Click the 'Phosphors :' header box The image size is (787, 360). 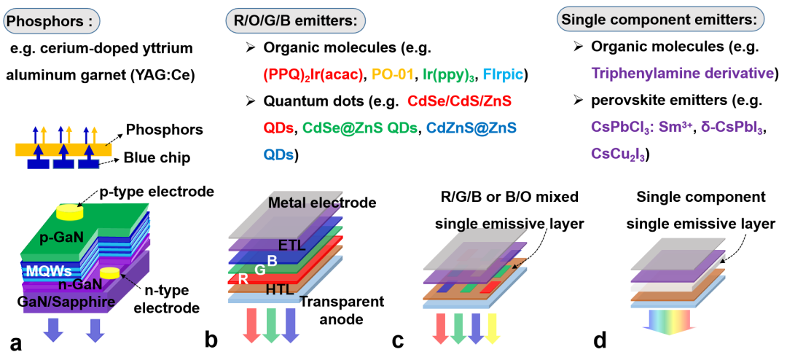(x=51, y=21)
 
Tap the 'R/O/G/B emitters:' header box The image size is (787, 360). (x=295, y=21)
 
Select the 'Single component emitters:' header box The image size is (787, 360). (x=660, y=18)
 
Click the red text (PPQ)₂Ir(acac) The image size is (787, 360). (x=313, y=74)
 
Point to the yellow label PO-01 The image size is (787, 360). (x=393, y=74)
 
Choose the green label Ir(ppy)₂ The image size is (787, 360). (x=449, y=74)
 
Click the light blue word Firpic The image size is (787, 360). (x=503, y=74)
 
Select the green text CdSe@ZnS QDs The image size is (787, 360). (x=360, y=128)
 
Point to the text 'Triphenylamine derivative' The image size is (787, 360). (x=682, y=74)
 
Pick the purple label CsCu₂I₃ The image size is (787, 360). (x=618, y=154)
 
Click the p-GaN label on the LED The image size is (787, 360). (x=63, y=237)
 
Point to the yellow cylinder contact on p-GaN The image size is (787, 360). (x=69, y=212)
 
